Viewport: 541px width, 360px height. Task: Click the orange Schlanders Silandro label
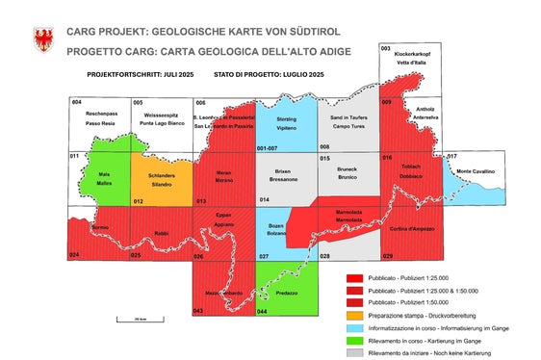(x=161, y=180)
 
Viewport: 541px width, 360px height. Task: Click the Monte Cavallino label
(x=476, y=172)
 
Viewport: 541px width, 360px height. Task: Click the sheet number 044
(x=262, y=312)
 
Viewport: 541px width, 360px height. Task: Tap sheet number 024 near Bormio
(x=74, y=255)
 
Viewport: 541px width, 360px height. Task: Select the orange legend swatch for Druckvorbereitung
(x=353, y=314)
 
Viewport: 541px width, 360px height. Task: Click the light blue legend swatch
(x=353, y=326)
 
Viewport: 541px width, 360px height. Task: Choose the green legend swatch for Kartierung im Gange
(x=353, y=339)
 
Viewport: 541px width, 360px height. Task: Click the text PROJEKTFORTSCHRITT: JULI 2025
(x=133, y=73)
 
